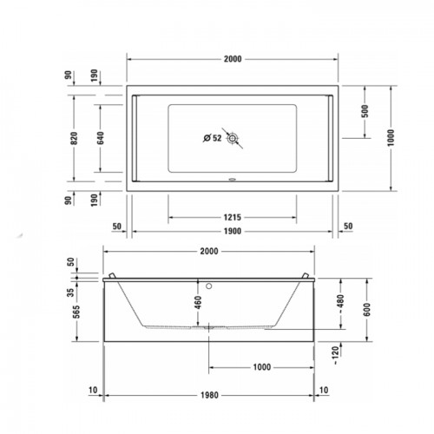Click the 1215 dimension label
(x=233, y=217)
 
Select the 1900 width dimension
(x=233, y=231)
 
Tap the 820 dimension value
(x=74, y=138)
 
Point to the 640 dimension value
(x=101, y=138)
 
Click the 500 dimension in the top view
(x=365, y=111)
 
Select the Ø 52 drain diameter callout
(x=213, y=138)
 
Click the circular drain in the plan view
(x=232, y=138)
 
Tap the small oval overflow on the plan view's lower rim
(x=233, y=180)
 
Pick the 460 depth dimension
(x=198, y=302)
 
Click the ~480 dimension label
(x=340, y=304)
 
